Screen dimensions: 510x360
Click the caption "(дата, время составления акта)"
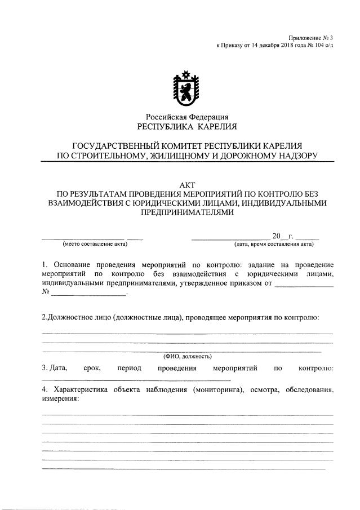[274, 244]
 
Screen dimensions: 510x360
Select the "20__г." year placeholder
[280, 236]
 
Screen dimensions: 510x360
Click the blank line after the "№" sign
[90, 294]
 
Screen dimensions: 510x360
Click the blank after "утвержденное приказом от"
[304, 284]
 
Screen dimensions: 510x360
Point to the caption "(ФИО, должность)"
[187, 356]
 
